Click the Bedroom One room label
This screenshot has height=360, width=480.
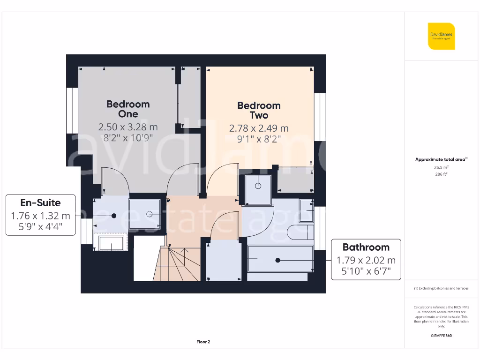(127, 109)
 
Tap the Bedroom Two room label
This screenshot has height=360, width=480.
(259, 110)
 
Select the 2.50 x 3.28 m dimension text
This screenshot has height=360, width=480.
(127, 127)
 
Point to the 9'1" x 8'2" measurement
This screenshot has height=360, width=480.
(259, 139)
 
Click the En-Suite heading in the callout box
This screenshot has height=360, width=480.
(40, 203)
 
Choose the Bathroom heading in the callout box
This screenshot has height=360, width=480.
(366, 247)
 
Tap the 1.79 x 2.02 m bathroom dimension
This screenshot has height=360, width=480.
(366, 260)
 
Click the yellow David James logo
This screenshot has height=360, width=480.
(441, 36)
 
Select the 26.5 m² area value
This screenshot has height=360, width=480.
(441, 167)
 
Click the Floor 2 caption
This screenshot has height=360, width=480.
(203, 342)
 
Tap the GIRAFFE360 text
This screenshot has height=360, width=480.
(441, 336)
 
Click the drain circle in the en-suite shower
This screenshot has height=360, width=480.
(150, 214)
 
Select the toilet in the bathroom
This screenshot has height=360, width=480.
(300, 232)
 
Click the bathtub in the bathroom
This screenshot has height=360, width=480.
(280, 259)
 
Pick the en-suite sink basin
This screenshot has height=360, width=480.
(110, 243)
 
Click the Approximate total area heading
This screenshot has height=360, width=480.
(441, 159)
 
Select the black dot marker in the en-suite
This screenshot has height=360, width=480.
(114, 216)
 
